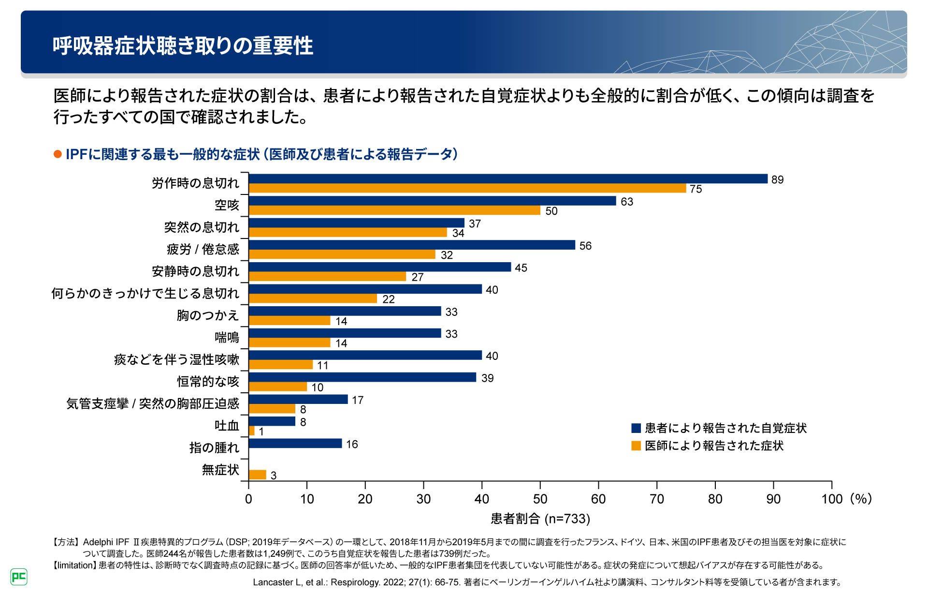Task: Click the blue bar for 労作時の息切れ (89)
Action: tap(507, 179)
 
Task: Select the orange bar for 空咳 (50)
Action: tap(394, 210)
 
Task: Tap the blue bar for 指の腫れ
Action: tap(295, 444)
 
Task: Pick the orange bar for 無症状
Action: tap(258, 475)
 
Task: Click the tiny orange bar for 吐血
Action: tap(252, 431)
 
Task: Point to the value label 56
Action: tap(585, 246)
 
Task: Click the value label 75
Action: tap(696, 189)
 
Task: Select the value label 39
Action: tap(487, 378)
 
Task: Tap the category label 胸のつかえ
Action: tap(208, 315)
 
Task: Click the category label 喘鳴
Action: tap(227, 337)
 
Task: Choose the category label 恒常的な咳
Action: tap(208, 382)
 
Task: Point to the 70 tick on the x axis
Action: tap(656, 499)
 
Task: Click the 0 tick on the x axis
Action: tap(248, 499)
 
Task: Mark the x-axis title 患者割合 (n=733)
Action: tap(540, 519)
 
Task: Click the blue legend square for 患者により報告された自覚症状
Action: tap(636, 428)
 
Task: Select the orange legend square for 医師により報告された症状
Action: tap(636, 446)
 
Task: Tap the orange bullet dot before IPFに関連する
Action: tap(58, 154)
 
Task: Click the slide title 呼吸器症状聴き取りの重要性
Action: tap(183, 46)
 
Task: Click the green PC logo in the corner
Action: tap(19, 577)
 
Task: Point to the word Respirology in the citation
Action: tap(355, 582)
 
